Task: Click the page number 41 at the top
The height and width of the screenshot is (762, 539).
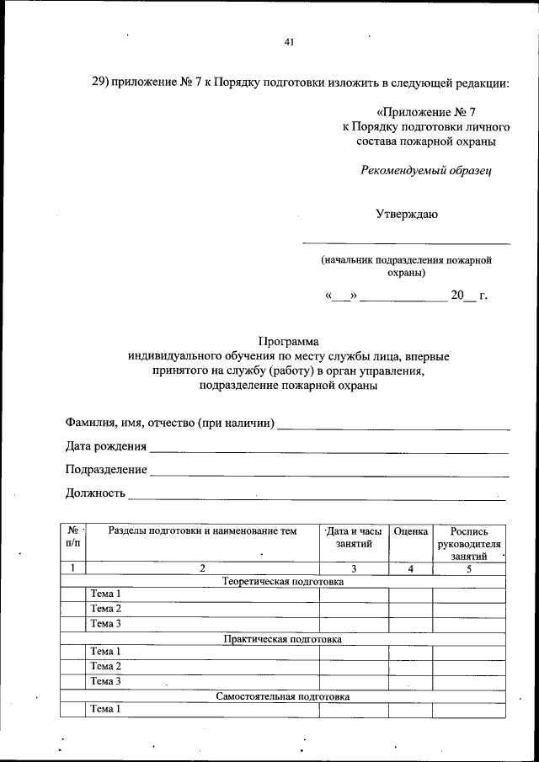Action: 289,42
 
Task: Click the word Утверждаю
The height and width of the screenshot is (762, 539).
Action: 406,214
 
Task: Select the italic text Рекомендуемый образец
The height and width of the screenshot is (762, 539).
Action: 425,170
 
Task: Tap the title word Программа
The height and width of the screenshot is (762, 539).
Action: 289,342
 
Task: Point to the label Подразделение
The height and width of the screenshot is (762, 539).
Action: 106,470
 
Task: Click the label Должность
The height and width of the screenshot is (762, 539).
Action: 95,493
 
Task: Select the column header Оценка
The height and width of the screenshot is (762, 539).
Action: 411,532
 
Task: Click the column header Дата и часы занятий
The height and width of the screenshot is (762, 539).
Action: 354,539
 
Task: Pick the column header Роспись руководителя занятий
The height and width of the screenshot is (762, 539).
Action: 469,544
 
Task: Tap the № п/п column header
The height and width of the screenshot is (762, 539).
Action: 72,538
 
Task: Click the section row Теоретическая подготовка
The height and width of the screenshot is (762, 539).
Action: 283,581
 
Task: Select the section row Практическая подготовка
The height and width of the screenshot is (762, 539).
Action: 283,639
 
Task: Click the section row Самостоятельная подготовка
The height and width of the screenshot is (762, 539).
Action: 283,697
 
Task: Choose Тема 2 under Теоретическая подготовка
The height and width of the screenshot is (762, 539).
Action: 106,609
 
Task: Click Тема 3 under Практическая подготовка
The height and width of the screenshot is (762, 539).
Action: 106,681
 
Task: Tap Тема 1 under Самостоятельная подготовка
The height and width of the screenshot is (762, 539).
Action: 106,710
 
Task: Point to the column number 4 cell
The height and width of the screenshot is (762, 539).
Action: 411,568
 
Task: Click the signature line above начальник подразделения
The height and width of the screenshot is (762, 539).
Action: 406,243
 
